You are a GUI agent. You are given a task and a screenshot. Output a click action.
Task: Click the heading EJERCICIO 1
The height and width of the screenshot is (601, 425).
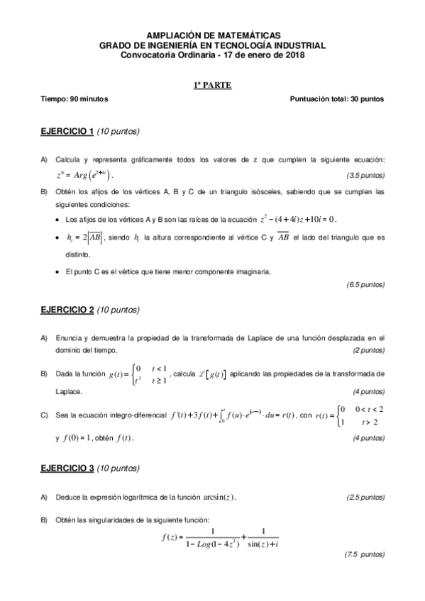tap(67, 132)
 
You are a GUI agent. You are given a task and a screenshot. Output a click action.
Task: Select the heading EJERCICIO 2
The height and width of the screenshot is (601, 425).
tap(67, 310)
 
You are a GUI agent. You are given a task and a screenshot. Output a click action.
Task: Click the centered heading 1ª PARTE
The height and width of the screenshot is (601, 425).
tap(213, 86)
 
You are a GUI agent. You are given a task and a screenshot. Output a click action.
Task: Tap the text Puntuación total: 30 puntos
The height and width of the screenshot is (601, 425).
tap(337, 99)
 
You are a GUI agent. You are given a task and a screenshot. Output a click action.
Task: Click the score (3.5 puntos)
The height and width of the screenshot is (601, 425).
tap(365, 175)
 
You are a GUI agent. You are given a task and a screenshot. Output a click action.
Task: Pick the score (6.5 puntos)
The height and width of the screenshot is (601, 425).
tap(365, 285)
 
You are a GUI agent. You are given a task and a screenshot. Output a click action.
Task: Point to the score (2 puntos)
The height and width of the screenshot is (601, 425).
tap(368, 351)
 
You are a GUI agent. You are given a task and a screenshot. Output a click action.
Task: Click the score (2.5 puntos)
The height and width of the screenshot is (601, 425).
tap(365, 497)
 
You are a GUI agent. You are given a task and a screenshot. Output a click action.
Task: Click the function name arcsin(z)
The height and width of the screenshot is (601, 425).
tap(217, 497)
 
